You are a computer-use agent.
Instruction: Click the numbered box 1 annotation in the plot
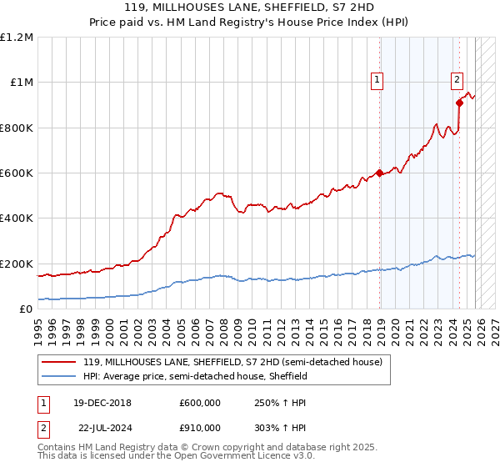click(x=377, y=80)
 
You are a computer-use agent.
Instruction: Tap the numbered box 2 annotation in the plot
click(x=457, y=80)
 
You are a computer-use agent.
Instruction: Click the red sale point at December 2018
click(x=380, y=173)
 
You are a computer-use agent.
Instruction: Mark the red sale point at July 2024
click(x=459, y=103)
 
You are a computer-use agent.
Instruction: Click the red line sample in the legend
click(x=60, y=362)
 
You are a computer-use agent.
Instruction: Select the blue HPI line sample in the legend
click(x=60, y=376)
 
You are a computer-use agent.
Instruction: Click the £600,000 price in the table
click(x=200, y=402)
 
